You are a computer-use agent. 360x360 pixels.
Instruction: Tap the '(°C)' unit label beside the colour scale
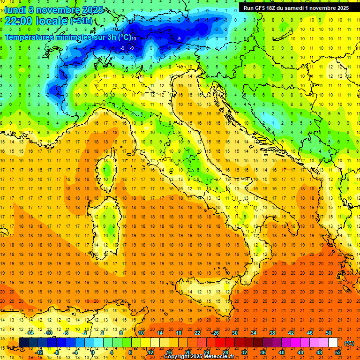(349, 343)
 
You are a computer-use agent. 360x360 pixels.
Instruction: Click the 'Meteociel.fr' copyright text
(218, 357)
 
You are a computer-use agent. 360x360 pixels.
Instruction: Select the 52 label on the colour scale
(338, 352)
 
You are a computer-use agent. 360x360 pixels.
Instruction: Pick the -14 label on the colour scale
(30, 333)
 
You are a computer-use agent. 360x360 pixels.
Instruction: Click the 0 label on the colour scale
(93, 352)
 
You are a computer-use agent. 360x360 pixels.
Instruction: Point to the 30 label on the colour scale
(234, 333)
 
